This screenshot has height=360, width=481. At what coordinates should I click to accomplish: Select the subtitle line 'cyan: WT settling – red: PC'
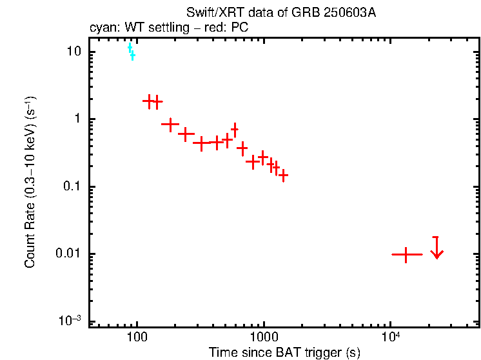pyautogui.click(x=168, y=28)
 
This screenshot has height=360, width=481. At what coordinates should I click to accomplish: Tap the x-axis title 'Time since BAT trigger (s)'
pyautogui.click(x=284, y=352)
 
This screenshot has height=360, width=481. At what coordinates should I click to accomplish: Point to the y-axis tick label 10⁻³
pyautogui.click(x=71, y=321)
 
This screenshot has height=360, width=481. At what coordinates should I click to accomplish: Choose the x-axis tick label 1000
pyautogui.click(x=263, y=336)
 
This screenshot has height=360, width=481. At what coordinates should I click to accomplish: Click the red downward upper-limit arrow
pyautogui.click(x=437, y=248)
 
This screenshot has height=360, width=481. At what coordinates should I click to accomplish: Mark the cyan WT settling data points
pyautogui.click(x=131, y=51)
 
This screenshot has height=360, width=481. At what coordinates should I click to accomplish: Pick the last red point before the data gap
pyautogui.click(x=282, y=175)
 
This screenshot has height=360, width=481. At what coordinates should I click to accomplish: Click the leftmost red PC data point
pyautogui.click(x=150, y=101)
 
